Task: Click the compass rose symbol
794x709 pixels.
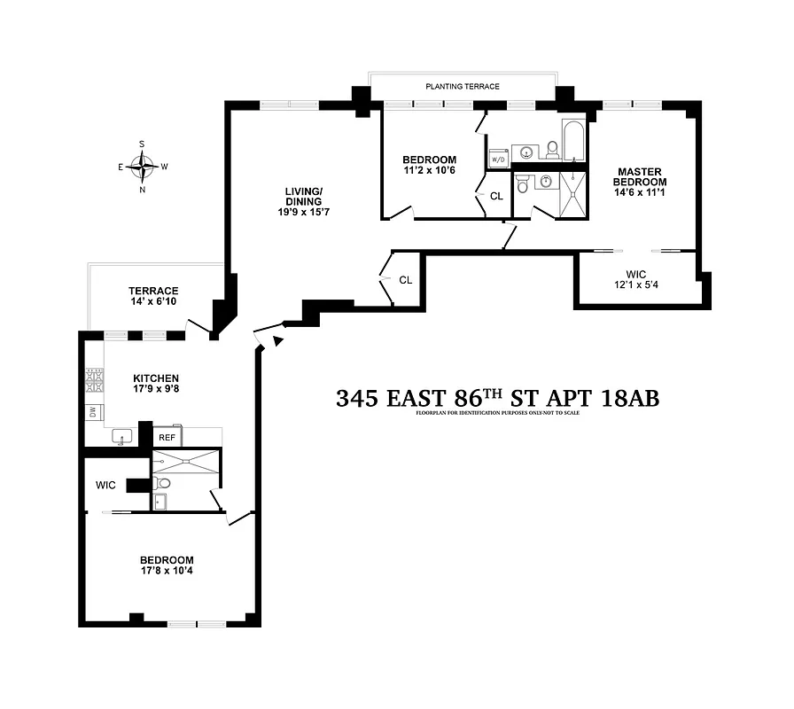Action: pyautogui.click(x=143, y=165)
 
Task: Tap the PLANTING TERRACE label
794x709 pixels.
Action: pyautogui.click(x=463, y=87)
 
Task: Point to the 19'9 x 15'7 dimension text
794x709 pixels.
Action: pyautogui.click(x=303, y=213)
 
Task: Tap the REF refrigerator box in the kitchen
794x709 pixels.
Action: pyautogui.click(x=167, y=438)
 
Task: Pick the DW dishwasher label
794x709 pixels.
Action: pyautogui.click(x=92, y=411)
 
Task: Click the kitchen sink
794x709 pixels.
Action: pyautogui.click(x=123, y=436)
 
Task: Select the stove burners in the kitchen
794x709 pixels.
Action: pyautogui.click(x=93, y=380)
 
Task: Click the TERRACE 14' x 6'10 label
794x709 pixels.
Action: pyautogui.click(x=153, y=297)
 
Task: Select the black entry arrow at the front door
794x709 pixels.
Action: pyautogui.click(x=277, y=340)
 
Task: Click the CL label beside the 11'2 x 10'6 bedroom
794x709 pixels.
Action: pyautogui.click(x=496, y=196)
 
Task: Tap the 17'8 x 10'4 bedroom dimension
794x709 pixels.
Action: pyautogui.click(x=167, y=573)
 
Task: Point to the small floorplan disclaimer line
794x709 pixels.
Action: pyautogui.click(x=497, y=414)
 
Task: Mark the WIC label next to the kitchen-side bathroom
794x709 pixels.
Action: pyautogui.click(x=107, y=485)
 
